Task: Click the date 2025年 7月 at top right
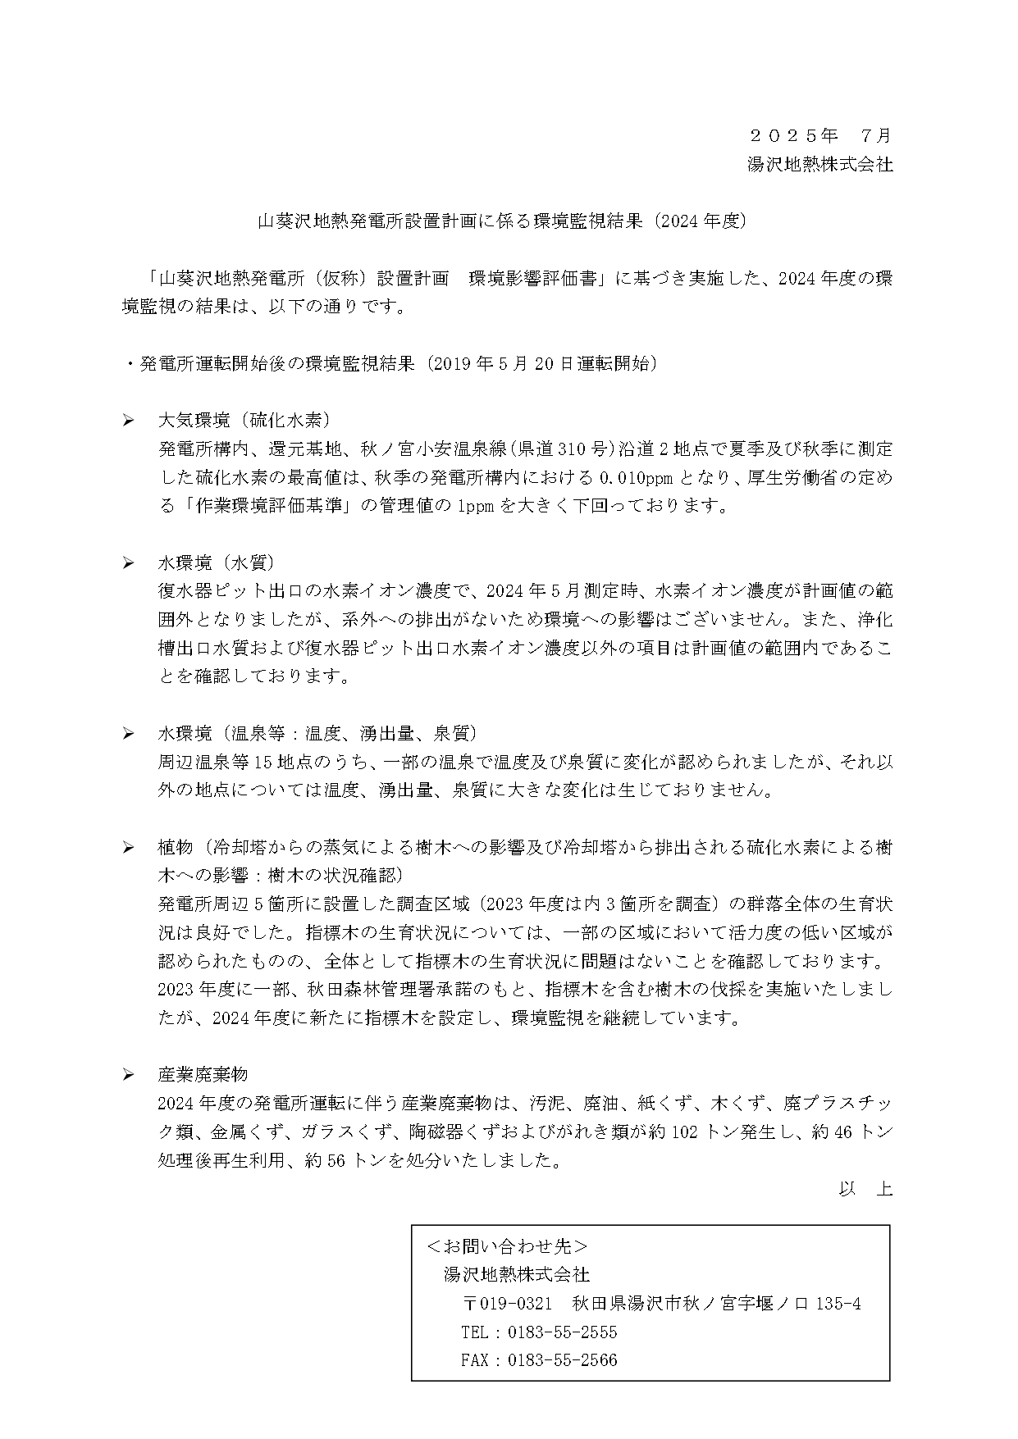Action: point(820,135)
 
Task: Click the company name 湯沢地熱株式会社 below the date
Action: point(819,164)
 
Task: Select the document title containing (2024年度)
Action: point(501,221)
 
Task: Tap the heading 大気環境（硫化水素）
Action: point(244,421)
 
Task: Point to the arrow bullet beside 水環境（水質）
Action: point(129,562)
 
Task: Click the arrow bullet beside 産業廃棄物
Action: point(129,1074)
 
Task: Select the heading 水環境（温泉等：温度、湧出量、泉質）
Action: point(317,732)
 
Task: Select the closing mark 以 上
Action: point(865,1188)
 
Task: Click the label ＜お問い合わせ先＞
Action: point(507,1246)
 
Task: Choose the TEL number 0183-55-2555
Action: point(563,1332)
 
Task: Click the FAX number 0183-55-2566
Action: point(563,1360)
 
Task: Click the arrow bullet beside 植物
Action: point(129,847)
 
